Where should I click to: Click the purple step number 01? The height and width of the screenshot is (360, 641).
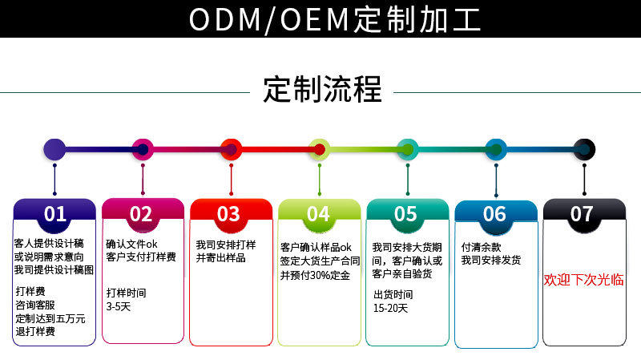[54, 214]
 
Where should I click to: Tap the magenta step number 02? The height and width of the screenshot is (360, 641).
[141, 214]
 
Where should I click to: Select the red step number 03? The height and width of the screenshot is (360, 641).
[228, 214]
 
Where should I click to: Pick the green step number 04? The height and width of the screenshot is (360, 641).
[318, 214]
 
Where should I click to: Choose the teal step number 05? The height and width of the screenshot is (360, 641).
[405, 214]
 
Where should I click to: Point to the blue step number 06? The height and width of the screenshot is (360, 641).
[494, 214]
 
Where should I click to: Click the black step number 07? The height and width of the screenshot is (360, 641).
[582, 214]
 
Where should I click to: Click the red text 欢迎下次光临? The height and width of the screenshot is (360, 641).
[583, 280]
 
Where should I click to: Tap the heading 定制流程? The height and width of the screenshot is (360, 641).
[322, 88]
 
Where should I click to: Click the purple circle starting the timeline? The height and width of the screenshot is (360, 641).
[54, 149]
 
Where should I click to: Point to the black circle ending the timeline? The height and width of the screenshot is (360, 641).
[584, 149]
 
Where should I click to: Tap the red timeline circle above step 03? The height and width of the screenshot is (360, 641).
[231, 149]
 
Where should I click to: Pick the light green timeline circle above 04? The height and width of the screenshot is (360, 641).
[319, 149]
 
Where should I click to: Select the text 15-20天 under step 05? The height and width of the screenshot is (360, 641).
[390, 308]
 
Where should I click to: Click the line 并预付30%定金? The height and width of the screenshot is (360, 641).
[315, 274]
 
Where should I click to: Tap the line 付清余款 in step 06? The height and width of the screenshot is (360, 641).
[482, 246]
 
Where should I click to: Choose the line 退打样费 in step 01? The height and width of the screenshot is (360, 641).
[35, 331]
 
